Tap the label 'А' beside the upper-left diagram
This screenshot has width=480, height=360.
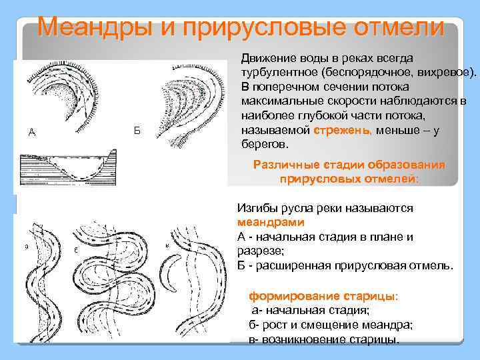pyautogui.click(x=31, y=131)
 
